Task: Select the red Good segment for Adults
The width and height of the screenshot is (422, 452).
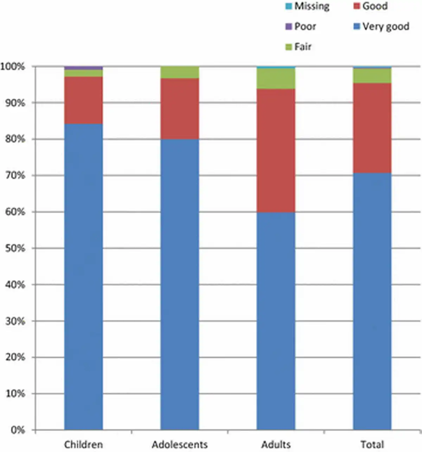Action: tap(276, 150)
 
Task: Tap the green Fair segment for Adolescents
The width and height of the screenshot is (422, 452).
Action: tap(180, 72)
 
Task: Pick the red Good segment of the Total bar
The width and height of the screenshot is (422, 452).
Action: tap(372, 128)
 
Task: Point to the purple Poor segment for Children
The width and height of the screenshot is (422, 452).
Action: tap(83, 68)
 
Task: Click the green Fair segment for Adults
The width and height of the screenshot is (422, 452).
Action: tap(276, 78)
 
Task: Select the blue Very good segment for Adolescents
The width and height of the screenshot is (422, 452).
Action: tap(180, 284)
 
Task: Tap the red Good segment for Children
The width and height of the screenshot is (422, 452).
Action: tap(83, 100)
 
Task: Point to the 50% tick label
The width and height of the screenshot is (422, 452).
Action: tap(15, 248)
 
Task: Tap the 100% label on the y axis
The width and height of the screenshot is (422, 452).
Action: tap(13, 66)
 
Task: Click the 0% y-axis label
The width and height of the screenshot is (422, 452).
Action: tap(18, 430)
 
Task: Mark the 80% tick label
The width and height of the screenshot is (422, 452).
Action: tap(15, 139)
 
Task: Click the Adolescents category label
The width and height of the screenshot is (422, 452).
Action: tap(180, 444)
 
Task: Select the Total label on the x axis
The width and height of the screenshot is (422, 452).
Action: tap(372, 444)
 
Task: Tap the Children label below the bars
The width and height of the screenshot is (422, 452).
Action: tap(83, 444)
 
